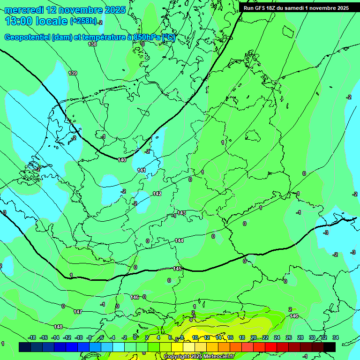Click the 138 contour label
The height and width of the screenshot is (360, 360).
coord(92,44)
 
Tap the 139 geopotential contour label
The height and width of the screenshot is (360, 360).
coord(73,73)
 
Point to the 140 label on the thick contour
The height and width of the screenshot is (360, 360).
coord(122,160)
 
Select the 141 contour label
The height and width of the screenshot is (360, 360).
coord(142,170)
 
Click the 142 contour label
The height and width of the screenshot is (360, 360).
coord(157,194)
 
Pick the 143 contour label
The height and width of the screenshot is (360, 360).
coord(181,213)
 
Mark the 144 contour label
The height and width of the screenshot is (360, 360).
coord(179,240)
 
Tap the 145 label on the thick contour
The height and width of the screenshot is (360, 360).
coord(177,269)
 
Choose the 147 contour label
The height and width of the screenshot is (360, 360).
coord(78,312)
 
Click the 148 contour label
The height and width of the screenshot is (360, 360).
coord(58,327)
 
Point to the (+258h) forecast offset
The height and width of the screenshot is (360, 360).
coord(83,21)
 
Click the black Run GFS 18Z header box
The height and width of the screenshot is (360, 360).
coord(296,8)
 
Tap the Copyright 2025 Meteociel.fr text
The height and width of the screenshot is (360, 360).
coord(199,356)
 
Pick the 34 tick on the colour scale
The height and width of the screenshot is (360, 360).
coord(335,337)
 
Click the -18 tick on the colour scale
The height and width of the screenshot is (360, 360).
coord(32,337)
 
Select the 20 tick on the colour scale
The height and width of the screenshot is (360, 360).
coord(254,337)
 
